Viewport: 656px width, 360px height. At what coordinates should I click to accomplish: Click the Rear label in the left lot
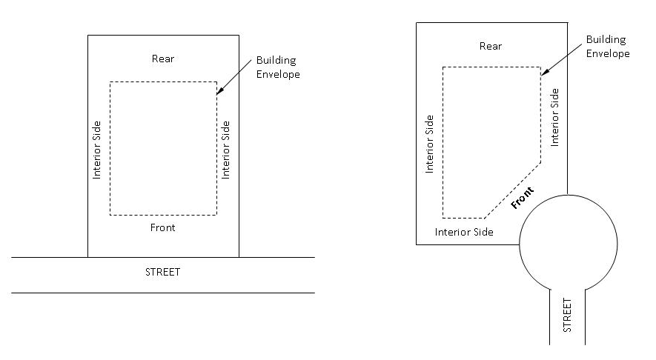164,59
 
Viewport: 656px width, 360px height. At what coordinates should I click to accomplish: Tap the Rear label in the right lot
491,46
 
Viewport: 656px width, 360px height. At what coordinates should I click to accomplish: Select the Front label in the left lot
163,227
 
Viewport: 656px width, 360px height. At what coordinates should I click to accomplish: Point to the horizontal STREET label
163,272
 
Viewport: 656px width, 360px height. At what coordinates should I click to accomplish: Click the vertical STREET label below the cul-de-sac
568,315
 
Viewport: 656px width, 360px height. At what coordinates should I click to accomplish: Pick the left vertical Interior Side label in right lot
428,144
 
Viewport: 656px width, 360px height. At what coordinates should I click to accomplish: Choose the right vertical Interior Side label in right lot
555,116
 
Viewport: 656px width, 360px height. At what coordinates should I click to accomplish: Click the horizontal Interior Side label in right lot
464,232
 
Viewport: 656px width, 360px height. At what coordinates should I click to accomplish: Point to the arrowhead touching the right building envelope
543,73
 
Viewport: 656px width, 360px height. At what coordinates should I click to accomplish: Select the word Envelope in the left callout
278,74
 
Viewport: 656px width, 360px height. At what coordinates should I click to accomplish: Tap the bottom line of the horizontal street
163,293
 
